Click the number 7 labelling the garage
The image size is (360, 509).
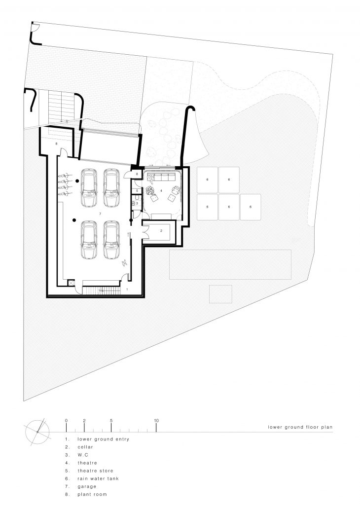(x=100, y=214)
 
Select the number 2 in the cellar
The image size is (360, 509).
(x=161, y=230)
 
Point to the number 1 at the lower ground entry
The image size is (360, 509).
(x=127, y=289)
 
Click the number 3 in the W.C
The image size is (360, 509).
(x=137, y=204)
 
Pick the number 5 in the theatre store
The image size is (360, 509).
(x=137, y=190)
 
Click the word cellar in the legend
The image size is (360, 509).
(x=85, y=447)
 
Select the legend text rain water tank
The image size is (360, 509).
(x=98, y=478)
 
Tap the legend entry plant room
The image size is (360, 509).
(x=92, y=494)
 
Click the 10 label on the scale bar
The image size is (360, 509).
(x=156, y=421)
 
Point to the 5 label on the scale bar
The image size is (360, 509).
(x=111, y=421)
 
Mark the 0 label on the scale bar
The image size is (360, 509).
(x=66, y=421)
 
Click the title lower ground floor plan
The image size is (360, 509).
(x=300, y=427)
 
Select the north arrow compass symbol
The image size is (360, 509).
(x=37, y=432)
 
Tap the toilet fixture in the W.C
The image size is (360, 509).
(x=137, y=198)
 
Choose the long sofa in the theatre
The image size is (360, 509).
(x=160, y=177)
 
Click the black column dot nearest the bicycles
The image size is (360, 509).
(x=77, y=181)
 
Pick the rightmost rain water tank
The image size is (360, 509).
(x=251, y=207)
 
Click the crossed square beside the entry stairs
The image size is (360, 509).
(x=71, y=283)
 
